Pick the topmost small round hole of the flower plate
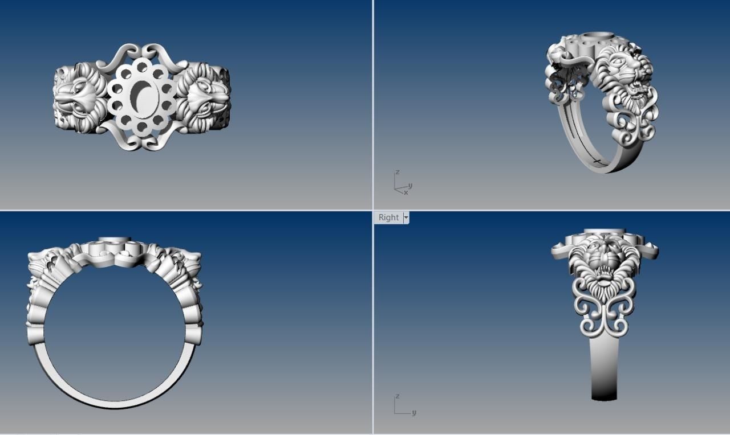click(x=141, y=67)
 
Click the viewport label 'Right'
click(x=388, y=217)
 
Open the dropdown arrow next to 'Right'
click(x=406, y=217)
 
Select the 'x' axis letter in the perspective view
click(x=406, y=192)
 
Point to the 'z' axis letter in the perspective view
click(x=398, y=172)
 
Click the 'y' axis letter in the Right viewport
click(x=413, y=412)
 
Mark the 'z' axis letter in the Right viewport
click(x=398, y=396)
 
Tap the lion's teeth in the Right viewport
click(x=604, y=274)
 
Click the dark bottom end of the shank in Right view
click(x=605, y=393)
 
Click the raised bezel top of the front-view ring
click(x=115, y=240)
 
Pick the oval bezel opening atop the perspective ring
click(x=595, y=38)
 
